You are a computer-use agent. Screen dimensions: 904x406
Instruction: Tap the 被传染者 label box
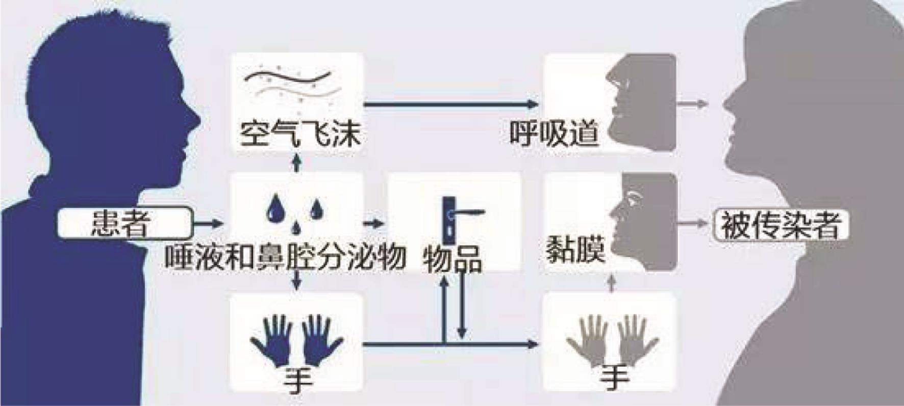[781, 225]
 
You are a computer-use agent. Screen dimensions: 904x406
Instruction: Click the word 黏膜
[575, 249]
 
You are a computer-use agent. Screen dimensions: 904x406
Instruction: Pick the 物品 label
[452, 259]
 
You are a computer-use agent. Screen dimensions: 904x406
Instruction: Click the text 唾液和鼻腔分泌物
[285, 255]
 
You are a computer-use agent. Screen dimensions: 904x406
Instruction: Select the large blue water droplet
[276, 207]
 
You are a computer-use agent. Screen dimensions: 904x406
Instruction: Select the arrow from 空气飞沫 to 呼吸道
[451, 104]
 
